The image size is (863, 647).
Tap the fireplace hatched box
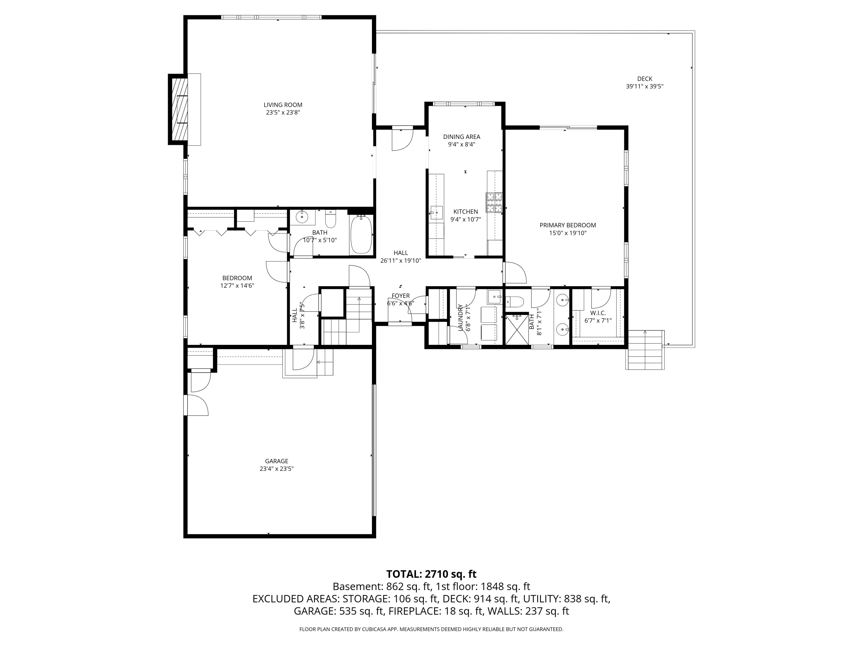tap(180, 109)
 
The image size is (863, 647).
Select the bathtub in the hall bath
tap(361, 235)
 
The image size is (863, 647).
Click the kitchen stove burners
tap(494, 202)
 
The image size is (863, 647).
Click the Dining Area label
tap(461, 137)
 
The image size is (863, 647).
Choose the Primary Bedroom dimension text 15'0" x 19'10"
tap(568, 233)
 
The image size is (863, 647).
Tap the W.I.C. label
tap(598, 313)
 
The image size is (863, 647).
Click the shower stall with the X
tap(518, 330)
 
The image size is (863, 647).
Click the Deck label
tap(645, 79)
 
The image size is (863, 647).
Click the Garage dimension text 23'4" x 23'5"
tap(277, 469)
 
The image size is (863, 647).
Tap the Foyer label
tap(401, 296)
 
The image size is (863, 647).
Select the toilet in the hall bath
tap(331, 220)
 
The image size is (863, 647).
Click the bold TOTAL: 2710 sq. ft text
tap(431, 574)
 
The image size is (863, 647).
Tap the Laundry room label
tap(460, 318)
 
